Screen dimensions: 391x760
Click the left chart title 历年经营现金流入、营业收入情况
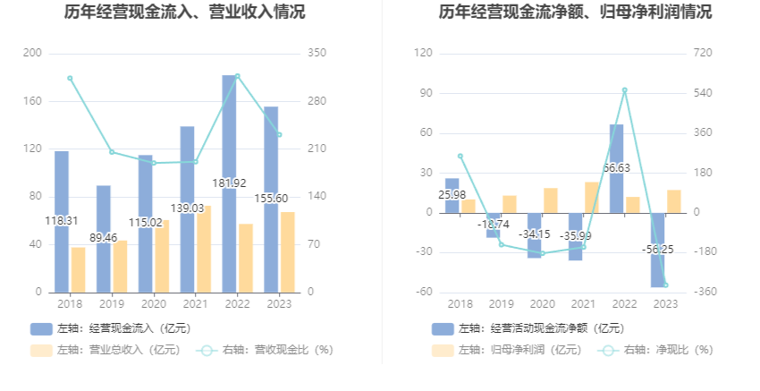(184, 13)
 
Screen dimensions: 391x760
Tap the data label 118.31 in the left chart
(62, 221)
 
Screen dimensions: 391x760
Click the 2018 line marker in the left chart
(70, 78)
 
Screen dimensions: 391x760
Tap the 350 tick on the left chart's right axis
(317, 54)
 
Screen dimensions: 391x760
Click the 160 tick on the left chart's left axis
(32, 101)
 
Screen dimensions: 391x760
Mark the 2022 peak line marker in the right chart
(624, 89)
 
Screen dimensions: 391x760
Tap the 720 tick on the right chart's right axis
(703, 54)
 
